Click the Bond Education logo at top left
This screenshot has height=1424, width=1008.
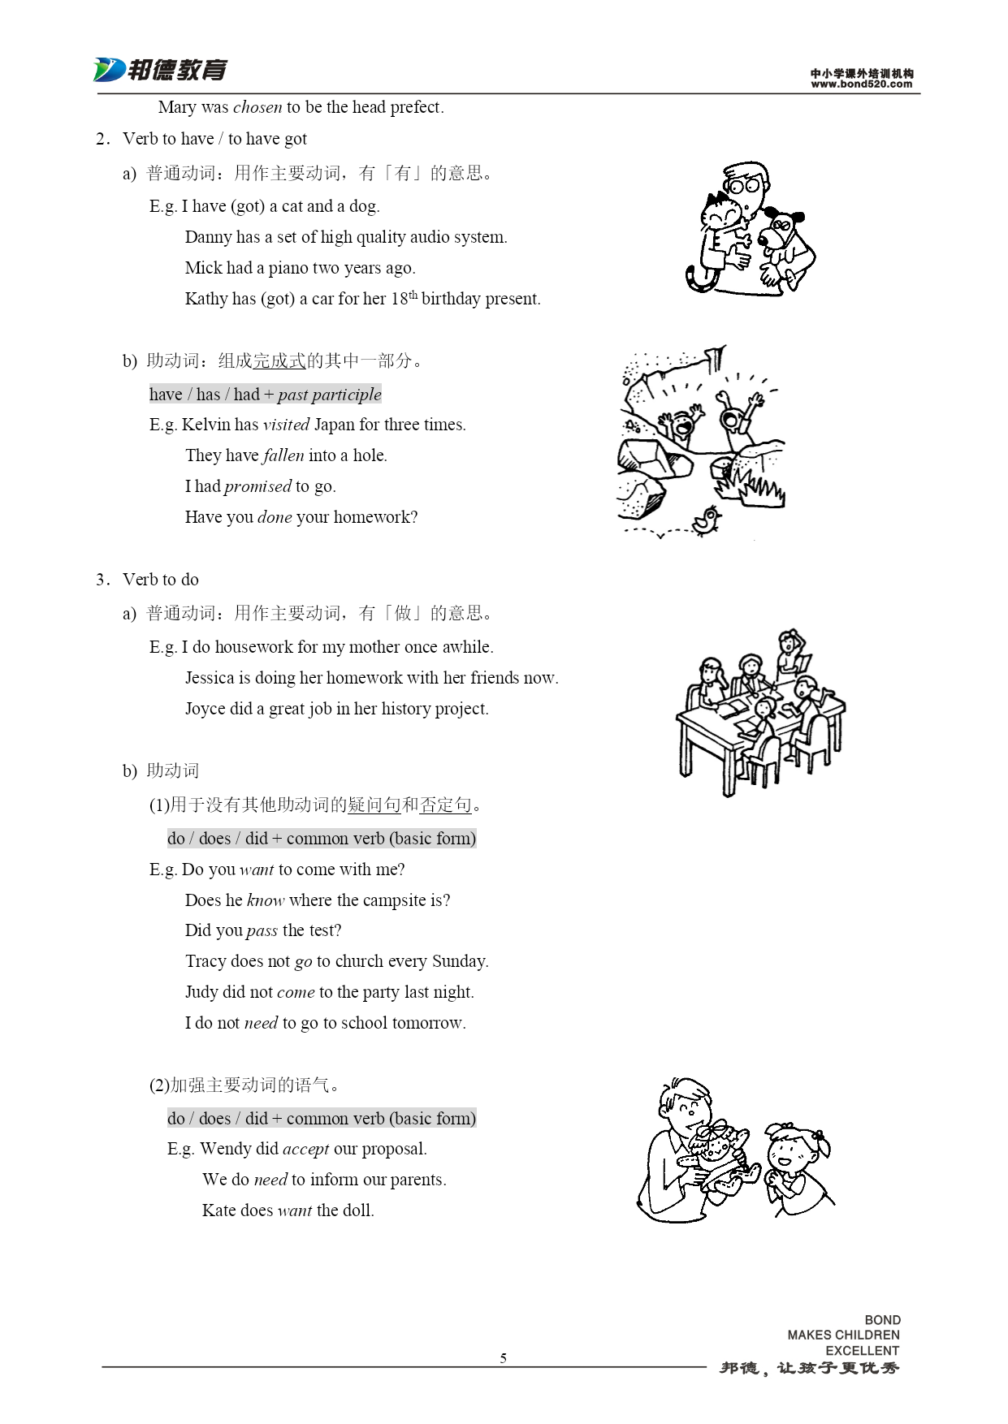click(160, 71)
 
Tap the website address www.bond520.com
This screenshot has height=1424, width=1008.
click(861, 84)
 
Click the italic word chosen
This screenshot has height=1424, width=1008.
click(257, 107)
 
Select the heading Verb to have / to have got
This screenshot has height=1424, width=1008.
click(214, 139)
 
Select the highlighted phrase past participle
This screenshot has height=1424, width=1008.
click(329, 395)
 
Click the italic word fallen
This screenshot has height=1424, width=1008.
click(283, 455)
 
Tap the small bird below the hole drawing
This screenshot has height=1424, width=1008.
click(707, 519)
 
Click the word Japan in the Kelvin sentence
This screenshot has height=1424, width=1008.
click(334, 425)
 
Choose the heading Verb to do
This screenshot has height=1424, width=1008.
click(160, 580)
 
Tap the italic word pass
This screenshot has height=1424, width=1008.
click(262, 931)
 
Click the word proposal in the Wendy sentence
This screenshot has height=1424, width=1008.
click(392, 1150)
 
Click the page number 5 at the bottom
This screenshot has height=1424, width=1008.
click(504, 1358)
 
